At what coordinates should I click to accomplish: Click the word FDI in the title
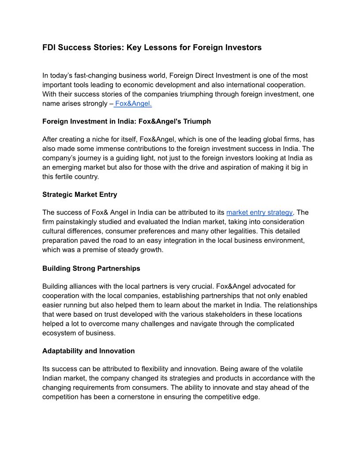pos(49,47)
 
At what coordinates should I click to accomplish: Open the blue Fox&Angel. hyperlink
pos(133,104)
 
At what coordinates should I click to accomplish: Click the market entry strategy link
pos(259,212)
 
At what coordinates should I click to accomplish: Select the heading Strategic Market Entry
pos(80,194)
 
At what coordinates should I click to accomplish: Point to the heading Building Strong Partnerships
pos(91,268)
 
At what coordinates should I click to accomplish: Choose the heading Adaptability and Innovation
pos(89,351)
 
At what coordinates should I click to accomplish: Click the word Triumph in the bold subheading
pos(195,121)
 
